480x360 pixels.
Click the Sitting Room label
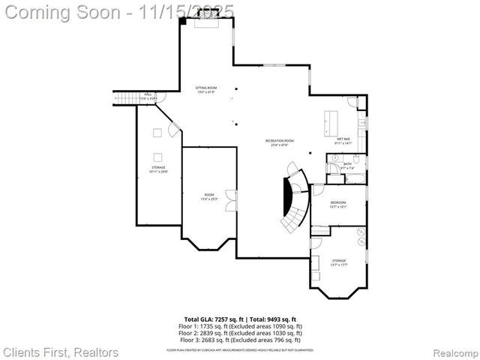coord(205,90)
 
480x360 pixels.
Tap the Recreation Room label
coord(279,142)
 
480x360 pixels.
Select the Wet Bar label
coord(343,140)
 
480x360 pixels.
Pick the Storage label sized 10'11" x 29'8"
coord(158,169)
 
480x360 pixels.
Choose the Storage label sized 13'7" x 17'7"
coord(338,263)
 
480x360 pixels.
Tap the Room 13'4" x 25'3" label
coord(208,197)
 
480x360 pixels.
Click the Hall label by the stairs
coord(148,96)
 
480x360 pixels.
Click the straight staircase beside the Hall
coord(124,97)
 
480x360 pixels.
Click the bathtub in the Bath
coord(355,178)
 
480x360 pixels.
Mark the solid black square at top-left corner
coord(182,21)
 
